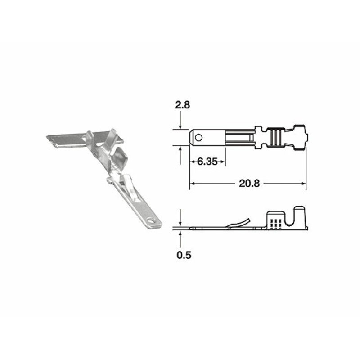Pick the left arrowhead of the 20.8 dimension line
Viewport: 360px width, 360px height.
[x=192, y=183]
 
